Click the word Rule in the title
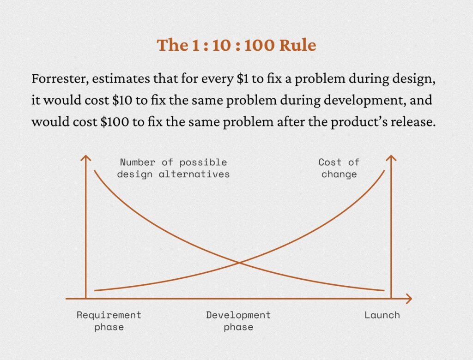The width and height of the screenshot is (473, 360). coord(298,45)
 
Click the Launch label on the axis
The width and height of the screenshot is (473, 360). coord(382,315)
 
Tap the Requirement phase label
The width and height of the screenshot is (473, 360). coord(109,321)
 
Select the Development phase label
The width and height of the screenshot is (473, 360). coord(238,321)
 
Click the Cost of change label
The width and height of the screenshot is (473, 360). coord(339,168)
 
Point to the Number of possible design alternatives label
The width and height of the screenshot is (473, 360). coord(173,168)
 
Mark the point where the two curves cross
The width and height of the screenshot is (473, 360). coord(240,263)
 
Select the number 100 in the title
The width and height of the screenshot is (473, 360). coord(260,45)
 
